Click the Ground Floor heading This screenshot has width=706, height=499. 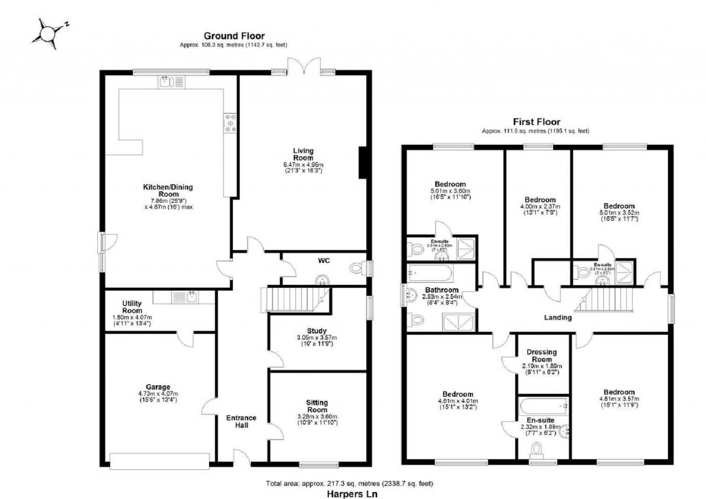(232, 36)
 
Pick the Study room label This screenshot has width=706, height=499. (318, 331)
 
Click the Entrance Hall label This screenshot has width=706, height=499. (241, 421)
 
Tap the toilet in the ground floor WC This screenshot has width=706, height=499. (359, 269)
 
